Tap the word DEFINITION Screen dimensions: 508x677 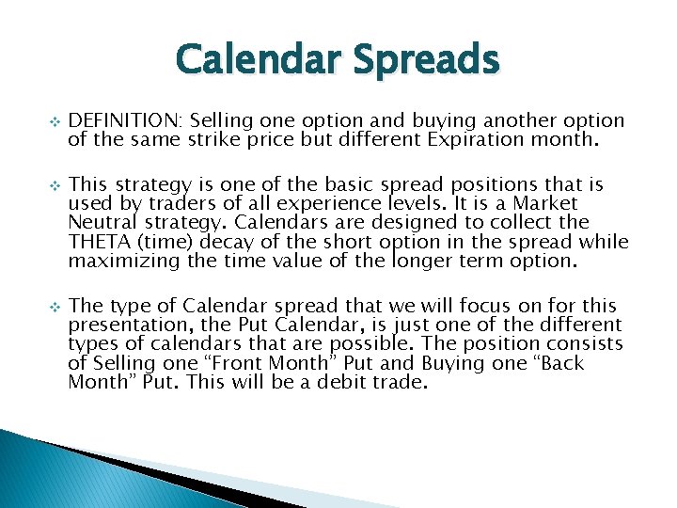click(128, 120)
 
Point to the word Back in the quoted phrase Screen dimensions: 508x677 click(561, 363)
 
